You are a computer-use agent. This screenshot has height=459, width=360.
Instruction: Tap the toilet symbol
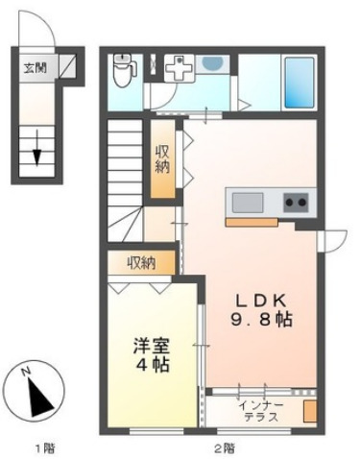(x=123, y=69)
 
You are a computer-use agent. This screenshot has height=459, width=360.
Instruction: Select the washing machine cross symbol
(x=177, y=71)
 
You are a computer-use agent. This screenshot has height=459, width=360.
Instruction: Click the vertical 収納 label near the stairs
(x=163, y=159)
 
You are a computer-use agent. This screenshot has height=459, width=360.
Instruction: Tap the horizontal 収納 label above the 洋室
(x=141, y=261)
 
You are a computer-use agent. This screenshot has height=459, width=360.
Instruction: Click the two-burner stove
(x=295, y=203)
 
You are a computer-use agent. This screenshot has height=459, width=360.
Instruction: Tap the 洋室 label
(x=151, y=344)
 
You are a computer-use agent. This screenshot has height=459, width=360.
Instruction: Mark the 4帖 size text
(x=151, y=365)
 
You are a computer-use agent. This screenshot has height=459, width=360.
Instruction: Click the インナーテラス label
(x=260, y=409)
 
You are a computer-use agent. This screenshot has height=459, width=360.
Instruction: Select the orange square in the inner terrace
(x=309, y=412)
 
